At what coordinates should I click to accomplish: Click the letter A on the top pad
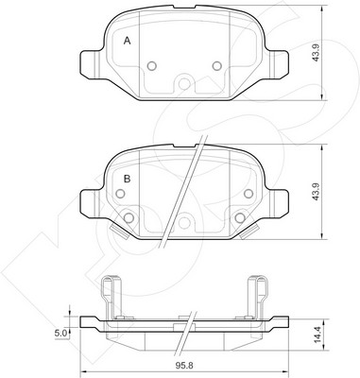coord(127,41)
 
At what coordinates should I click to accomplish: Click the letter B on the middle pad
coord(127,180)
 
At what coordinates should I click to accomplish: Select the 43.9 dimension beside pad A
coord(317,53)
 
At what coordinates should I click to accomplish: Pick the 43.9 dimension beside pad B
coord(317,191)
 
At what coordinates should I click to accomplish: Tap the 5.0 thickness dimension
coord(60,334)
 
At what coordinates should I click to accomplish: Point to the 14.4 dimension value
coord(317,335)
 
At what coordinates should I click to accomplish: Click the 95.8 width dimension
coord(184,366)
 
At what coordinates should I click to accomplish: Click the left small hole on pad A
coord(152,66)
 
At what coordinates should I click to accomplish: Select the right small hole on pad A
coord(217,66)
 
